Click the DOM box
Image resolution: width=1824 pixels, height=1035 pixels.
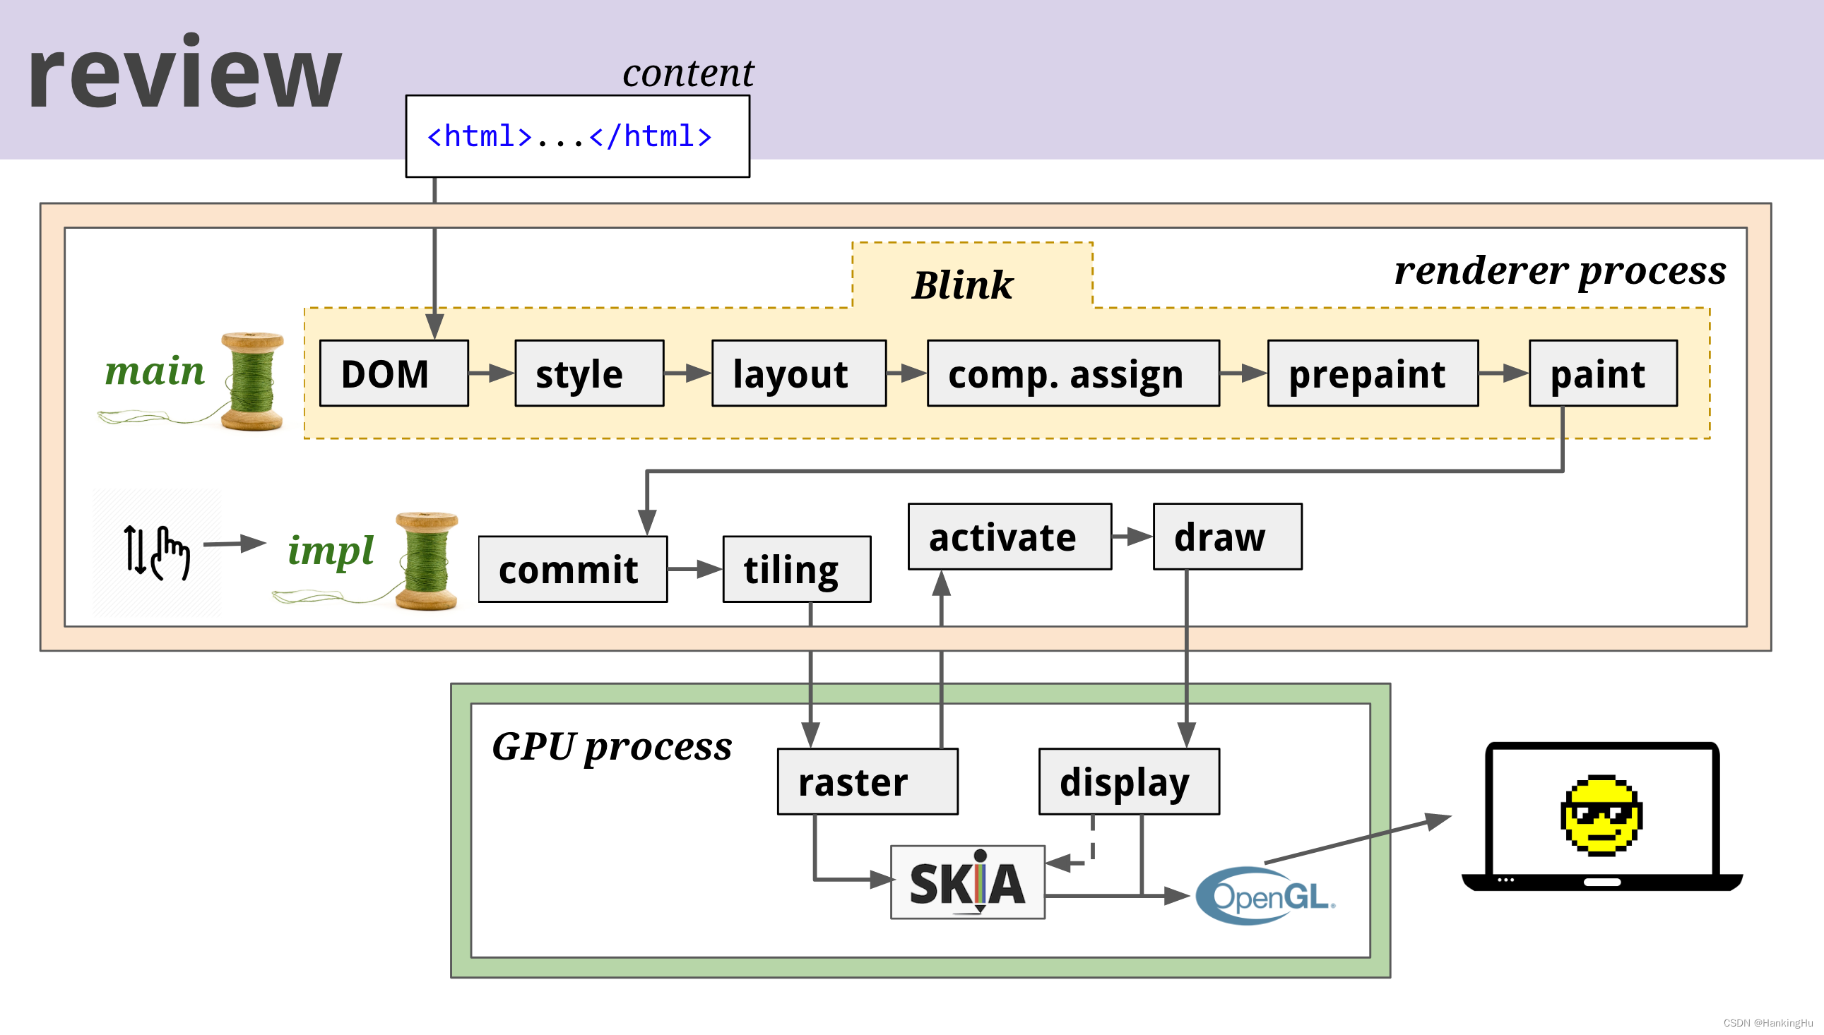tap(393, 373)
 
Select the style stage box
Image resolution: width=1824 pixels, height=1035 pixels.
tap(588, 373)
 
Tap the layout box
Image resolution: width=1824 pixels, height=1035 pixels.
tap(798, 373)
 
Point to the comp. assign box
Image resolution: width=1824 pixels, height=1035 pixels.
tap(1072, 373)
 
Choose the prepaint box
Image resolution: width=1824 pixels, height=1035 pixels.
tap(1372, 373)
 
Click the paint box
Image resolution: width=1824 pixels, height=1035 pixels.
tap(1602, 373)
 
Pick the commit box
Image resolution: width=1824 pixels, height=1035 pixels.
tap(572, 570)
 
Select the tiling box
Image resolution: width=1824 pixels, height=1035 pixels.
tap(796, 570)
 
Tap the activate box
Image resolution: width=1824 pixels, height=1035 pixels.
tap(1009, 537)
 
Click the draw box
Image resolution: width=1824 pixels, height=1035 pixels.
tap(1226, 537)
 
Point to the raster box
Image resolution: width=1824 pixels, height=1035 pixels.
tap(867, 782)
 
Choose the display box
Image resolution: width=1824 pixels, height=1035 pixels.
tap(1129, 782)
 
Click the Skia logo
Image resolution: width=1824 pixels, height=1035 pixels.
tap(967, 883)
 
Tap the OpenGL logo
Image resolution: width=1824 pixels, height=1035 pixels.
tap(1265, 896)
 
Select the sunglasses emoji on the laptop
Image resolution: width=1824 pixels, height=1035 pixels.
tap(1601, 815)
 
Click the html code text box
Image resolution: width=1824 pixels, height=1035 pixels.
tap(576, 136)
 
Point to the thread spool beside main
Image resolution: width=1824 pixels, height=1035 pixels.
tap(251, 381)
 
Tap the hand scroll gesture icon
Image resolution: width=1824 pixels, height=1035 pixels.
tap(157, 551)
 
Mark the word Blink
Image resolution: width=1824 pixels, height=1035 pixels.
tap(962, 285)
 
